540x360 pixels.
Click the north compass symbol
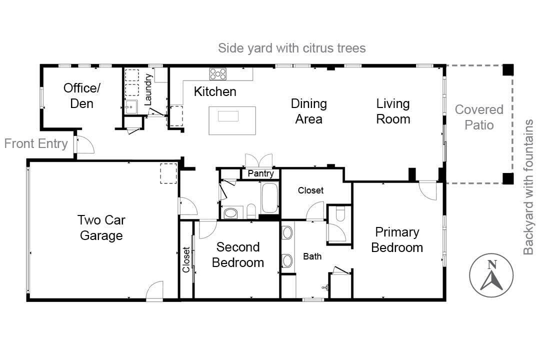[x=491, y=275]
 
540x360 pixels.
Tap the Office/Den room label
[x=81, y=95]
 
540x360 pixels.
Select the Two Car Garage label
[x=101, y=227]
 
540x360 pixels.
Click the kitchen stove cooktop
[x=217, y=74]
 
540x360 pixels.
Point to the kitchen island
[x=232, y=120]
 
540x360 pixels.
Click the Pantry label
[x=261, y=173]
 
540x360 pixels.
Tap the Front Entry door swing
[x=84, y=144]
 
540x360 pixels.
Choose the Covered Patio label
[x=478, y=117]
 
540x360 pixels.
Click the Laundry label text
[x=148, y=89]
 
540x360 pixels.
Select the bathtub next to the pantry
[x=270, y=198]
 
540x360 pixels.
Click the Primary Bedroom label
[x=397, y=239]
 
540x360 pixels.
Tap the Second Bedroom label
[x=238, y=254]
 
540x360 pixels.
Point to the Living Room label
[x=393, y=111]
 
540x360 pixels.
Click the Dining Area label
[x=309, y=111]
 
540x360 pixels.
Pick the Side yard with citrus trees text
[x=292, y=48]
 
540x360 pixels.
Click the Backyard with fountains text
[x=528, y=187]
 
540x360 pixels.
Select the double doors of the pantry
[x=259, y=160]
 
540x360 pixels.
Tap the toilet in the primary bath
[x=340, y=213]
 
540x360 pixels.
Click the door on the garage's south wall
[x=155, y=290]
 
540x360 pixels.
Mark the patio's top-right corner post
[x=508, y=70]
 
